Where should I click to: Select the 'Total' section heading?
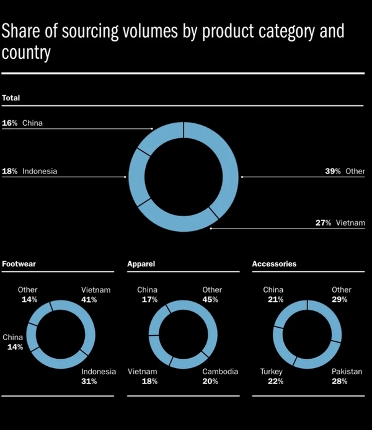coord(11,98)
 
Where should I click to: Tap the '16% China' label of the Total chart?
coord(22,123)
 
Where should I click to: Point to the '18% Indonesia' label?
coord(30,171)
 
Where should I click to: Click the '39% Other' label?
coord(345,171)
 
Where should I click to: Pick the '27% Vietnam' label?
coord(340,223)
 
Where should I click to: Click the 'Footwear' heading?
coord(19,264)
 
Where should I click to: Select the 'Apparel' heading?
coord(141,264)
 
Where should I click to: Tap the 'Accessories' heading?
coord(274,264)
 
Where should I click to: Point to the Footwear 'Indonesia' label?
coord(99,372)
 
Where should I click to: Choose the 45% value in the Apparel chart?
coord(211,299)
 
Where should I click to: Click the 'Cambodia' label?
coord(220,372)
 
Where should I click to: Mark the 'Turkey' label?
coord(272,372)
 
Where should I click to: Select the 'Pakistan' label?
coord(347,372)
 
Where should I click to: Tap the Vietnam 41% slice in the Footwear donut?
coord(87,322)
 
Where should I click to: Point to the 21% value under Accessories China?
coord(276,299)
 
